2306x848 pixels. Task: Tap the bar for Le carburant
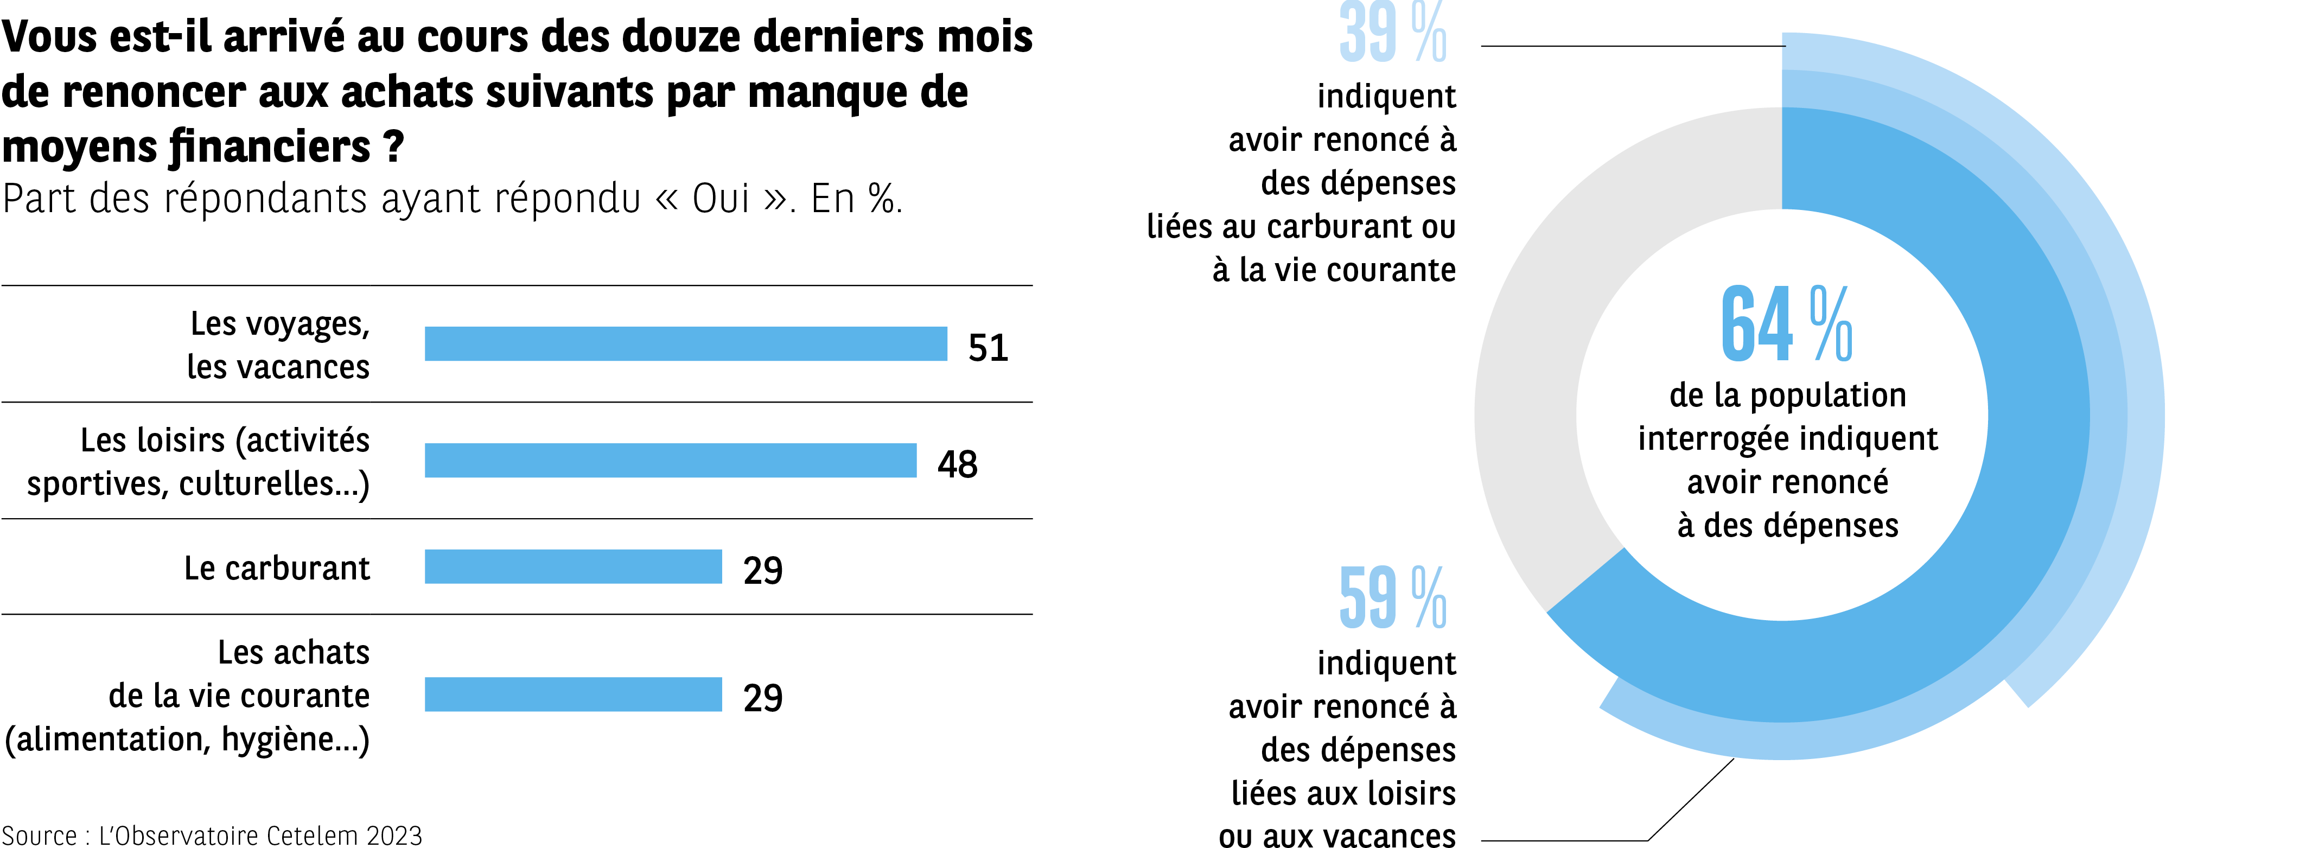pos(573,567)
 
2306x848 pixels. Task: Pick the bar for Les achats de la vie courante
pos(573,695)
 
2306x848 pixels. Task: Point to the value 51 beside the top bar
pos(988,347)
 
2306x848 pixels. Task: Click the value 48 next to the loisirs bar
pos(957,464)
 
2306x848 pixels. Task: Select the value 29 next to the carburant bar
pos(763,570)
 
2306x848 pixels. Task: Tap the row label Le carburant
pos(277,569)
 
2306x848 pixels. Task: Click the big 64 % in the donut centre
pos(1786,324)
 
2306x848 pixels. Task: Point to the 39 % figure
pos(1392,34)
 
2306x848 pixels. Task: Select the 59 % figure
pos(1392,598)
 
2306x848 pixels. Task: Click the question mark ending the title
pos(394,147)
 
